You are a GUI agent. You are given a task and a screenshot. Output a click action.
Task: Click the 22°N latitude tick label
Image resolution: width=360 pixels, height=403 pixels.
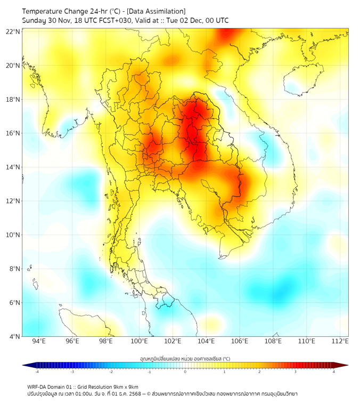tap(13, 32)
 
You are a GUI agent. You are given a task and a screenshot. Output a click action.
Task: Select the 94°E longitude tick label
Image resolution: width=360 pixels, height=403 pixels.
tap(39, 341)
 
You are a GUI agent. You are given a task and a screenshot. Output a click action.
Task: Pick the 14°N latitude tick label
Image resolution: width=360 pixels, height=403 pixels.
tap(13, 167)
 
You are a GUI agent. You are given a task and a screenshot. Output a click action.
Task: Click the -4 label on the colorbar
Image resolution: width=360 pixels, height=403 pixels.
tap(36, 372)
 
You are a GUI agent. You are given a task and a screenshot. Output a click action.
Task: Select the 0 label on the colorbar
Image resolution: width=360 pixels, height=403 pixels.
tap(185, 372)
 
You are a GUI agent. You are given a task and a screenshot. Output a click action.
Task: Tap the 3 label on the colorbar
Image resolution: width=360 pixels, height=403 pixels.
tap(296, 372)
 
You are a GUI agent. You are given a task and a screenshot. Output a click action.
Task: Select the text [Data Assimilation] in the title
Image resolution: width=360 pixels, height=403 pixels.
tap(158, 11)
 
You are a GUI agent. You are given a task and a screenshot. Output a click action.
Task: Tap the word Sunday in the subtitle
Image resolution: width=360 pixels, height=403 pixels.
tap(34, 21)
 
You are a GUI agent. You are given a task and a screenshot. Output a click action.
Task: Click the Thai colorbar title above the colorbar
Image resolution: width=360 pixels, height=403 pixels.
tap(185, 359)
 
